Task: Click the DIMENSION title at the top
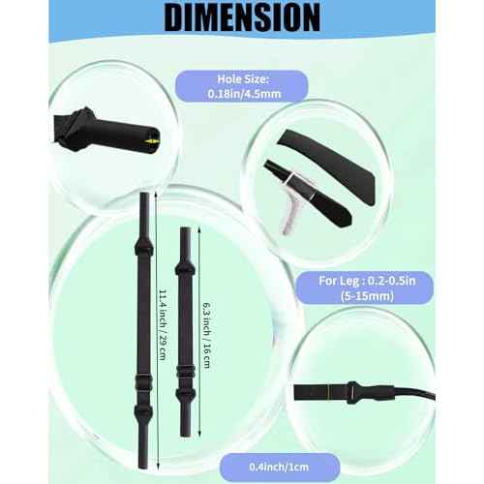(242, 17)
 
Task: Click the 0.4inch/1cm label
(280, 467)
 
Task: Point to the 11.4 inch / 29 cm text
(163, 324)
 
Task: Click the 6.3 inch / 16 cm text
(207, 335)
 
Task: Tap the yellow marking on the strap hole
(152, 141)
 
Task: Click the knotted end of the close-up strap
(76, 129)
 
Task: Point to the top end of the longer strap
(144, 194)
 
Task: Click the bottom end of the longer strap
(144, 467)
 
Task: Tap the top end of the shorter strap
(185, 229)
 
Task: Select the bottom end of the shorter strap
(185, 435)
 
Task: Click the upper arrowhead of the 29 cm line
(157, 195)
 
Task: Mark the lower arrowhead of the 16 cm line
(199, 435)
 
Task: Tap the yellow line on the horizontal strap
(328, 392)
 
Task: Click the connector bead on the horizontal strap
(352, 392)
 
